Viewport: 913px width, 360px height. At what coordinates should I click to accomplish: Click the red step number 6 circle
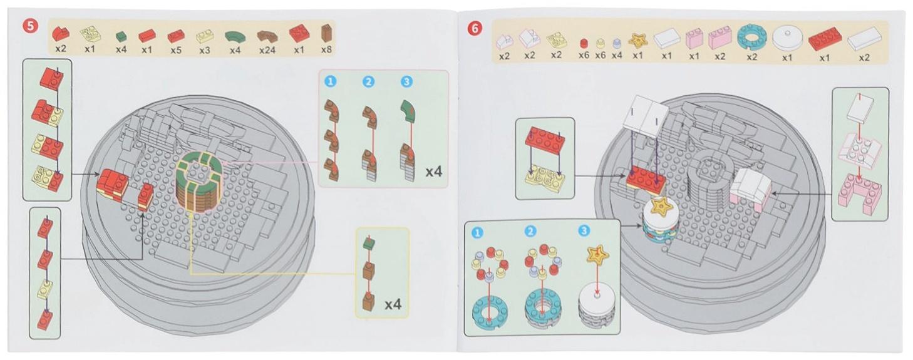pos(475,29)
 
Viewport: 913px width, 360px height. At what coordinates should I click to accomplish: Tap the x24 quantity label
pos(267,50)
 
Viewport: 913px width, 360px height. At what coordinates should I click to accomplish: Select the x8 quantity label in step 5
pos(326,49)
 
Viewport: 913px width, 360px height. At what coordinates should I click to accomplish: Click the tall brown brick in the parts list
pos(326,33)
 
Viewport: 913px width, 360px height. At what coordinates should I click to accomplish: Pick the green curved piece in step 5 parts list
pos(235,37)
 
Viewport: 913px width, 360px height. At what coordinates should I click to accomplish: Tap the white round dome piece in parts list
pos(787,38)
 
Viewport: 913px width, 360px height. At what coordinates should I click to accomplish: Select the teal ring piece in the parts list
pos(751,38)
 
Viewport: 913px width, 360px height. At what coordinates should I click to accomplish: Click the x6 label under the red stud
pos(584,55)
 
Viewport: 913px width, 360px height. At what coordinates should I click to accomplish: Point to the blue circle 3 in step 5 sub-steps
pos(406,82)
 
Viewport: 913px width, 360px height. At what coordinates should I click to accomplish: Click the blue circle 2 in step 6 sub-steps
pos(530,232)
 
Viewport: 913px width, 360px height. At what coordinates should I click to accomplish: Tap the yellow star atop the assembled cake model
pos(662,207)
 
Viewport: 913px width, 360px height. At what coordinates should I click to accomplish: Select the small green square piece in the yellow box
pos(369,244)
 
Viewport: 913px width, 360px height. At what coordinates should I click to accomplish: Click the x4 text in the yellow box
pos(393,304)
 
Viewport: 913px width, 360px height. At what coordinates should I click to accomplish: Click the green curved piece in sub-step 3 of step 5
pos(408,111)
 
